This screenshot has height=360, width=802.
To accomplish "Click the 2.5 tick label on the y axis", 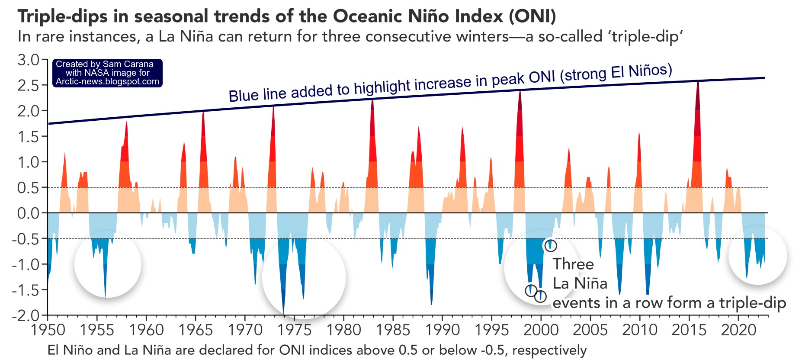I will click(x=28, y=85).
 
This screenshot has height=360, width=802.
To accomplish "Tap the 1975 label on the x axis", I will click(x=294, y=330).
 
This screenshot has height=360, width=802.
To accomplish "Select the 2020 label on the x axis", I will click(x=738, y=330).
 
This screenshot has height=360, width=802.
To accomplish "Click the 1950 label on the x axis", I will click(x=48, y=330).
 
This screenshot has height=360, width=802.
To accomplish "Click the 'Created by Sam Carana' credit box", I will click(x=107, y=73).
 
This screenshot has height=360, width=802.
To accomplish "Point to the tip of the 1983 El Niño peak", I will click(x=372, y=101).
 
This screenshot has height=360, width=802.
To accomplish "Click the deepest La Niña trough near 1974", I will click(x=283, y=313).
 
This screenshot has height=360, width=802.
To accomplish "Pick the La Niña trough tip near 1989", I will click(x=431, y=304).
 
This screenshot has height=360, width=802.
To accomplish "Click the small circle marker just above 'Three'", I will click(x=550, y=246).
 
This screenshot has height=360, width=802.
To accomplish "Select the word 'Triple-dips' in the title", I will click(x=62, y=16).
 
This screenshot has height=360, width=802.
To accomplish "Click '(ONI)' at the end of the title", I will click(x=532, y=16).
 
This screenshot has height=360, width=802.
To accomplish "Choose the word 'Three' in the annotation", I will click(x=573, y=264).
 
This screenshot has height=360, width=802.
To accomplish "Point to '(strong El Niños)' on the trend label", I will click(x=616, y=74).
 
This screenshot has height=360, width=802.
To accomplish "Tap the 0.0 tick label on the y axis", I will click(x=28, y=213).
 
